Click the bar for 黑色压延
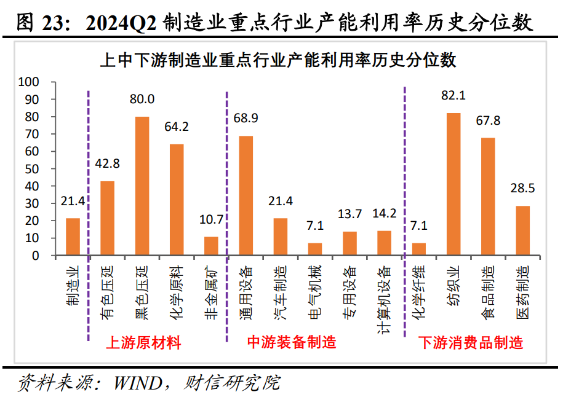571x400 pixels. [x=142, y=186]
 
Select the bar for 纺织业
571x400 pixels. [x=453, y=184]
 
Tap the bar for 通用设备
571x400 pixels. [x=246, y=195]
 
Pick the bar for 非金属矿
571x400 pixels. [x=211, y=246]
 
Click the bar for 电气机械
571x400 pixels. [x=315, y=249]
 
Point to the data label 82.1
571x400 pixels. [x=453, y=96]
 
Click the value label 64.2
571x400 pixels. [x=177, y=127]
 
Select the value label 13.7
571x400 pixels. [x=349, y=214]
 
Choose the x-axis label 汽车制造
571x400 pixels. [x=280, y=288]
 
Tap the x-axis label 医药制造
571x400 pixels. [x=522, y=288]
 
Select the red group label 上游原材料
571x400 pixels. [x=144, y=343]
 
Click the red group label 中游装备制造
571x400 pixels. [x=292, y=343]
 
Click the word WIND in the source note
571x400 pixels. [x=137, y=383]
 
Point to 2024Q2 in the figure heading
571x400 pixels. [x=122, y=23]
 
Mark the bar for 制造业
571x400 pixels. [x=73, y=237]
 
